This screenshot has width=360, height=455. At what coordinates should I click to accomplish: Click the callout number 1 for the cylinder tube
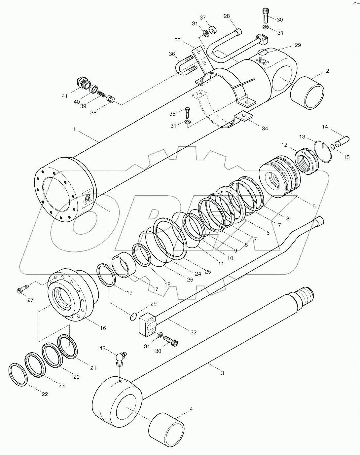pyautogui.click(x=74, y=129)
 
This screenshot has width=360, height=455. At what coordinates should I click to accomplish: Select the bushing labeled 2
pyautogui.click(x=307, y=93)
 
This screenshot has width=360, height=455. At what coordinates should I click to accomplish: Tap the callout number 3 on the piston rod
pyautogui.click(x=222, y=373)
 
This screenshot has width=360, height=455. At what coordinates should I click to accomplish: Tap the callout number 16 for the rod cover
pyautogui.click(x=103, y=328)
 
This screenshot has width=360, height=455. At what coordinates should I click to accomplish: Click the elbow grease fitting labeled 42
pyautogui.click(x=120, y=359)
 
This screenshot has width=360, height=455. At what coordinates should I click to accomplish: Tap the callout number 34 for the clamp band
pyautogui.click(x=265, y=129)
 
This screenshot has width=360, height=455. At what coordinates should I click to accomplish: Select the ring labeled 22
pyautogui.click(x=18, y=375)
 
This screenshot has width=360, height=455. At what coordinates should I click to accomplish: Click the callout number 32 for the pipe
pyautogui.click(x=193, y=332)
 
